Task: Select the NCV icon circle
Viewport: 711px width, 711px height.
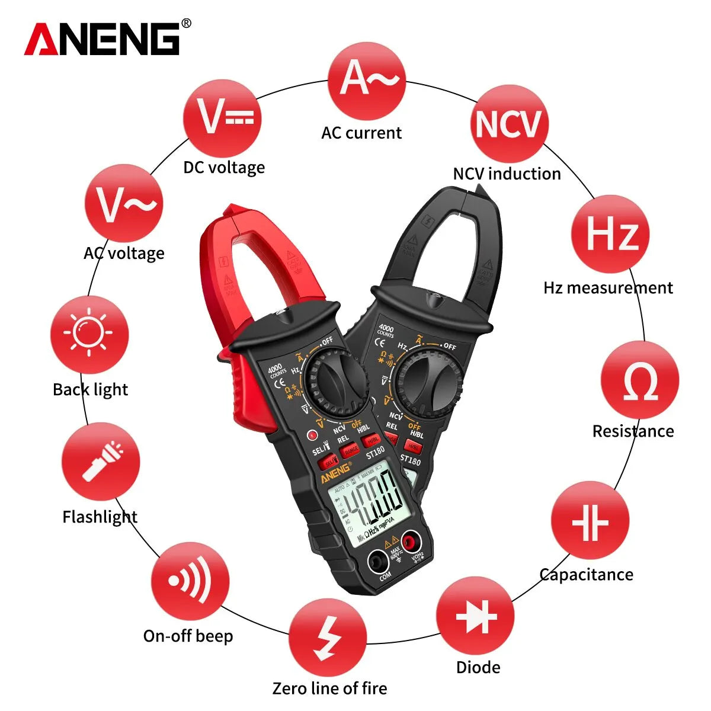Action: click(x=509, y=124)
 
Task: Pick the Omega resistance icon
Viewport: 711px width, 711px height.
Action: click(x=639, y=381)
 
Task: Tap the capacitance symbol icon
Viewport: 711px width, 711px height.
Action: click(x=590, y=521)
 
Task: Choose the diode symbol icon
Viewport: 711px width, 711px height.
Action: click(x=475, y=616)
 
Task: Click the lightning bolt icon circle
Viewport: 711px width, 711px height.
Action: click(x=328, y=638)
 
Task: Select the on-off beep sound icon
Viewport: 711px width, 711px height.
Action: click(x=190, y=581)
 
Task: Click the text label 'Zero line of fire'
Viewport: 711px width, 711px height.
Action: click(x=329, y=688)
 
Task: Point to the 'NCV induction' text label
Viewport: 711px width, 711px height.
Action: click(x=507, y=174)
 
